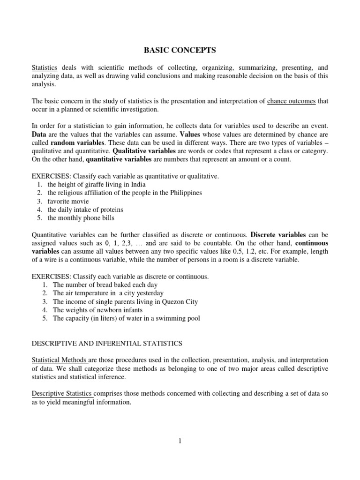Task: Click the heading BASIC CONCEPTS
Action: [x=180, y=50]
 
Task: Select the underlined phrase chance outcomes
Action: [x=291, y=101]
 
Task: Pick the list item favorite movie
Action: [x=68, y=201]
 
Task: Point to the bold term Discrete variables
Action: [x=278, y=234]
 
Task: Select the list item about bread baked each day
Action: [x=105, y=285]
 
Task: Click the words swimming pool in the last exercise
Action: [x=178, y=318]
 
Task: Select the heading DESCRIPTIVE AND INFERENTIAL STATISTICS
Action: [x=106, y=344]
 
